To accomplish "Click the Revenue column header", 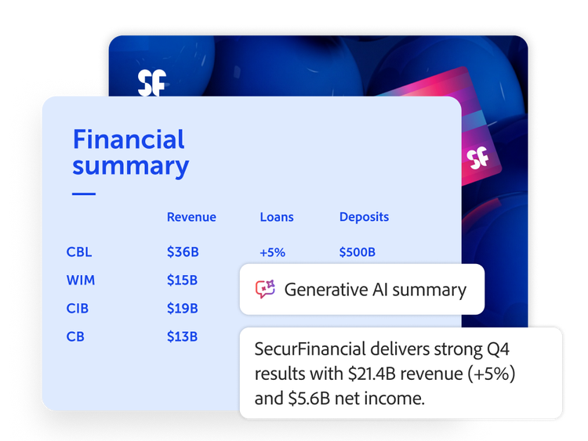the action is (x=191, y=217).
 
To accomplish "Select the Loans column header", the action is (x=277, y=217).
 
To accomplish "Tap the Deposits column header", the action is (x=364, y=217).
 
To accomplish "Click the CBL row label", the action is (x=79, y=251).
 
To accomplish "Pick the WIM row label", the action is (x=81, y=280).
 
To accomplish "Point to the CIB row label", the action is (x=78, y=309).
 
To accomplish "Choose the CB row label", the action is (x=75, y=337).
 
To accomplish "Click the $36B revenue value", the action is (x=183, y=251).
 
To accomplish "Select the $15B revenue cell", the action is (x=182, y=280).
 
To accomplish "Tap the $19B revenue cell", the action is (x=182, y=309).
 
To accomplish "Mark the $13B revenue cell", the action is (x=182, y=337).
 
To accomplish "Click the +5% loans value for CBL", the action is (x=273, y=252).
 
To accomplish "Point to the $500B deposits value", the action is (x=358, y=251).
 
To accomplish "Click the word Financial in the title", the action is (x=129, y=139).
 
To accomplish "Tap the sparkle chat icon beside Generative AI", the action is (x=265, y=289).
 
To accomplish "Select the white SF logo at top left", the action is (x=152, y=83).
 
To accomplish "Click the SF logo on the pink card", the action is (x=477, y=157).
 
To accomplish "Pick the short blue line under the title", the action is (x=84, y=193).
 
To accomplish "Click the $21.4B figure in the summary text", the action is (x=368, y=374).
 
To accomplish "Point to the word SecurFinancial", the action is (x=310, y=349).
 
